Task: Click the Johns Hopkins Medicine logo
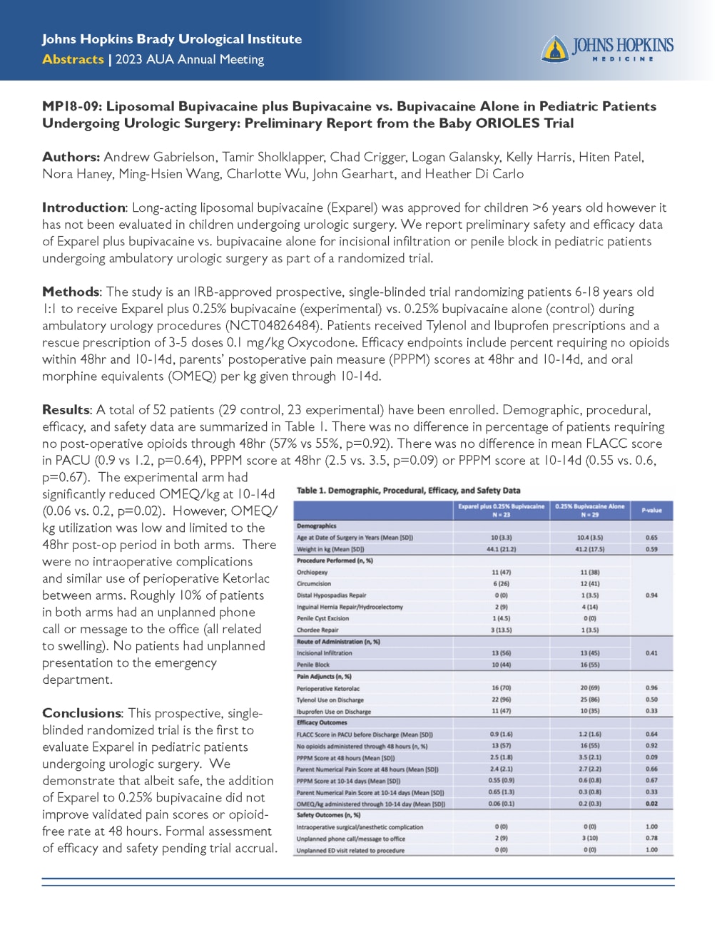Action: pos(606,48)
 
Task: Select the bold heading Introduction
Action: pos(83,208)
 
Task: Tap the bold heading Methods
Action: pos(71,292)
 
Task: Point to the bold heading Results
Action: pos(66,410)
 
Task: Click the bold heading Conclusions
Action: pos(81,713)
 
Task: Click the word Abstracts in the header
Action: pos(73,59)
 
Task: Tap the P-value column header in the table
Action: pos(651,511)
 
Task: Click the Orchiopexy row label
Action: pos(312,573)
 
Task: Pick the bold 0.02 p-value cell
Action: pos(651,804)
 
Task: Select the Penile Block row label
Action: pos(315,665)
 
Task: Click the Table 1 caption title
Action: pos(408,491)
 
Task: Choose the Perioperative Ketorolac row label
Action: pos(328,688)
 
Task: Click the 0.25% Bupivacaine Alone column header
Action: pos(590,511)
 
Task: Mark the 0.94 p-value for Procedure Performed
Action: pos(651,595)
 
